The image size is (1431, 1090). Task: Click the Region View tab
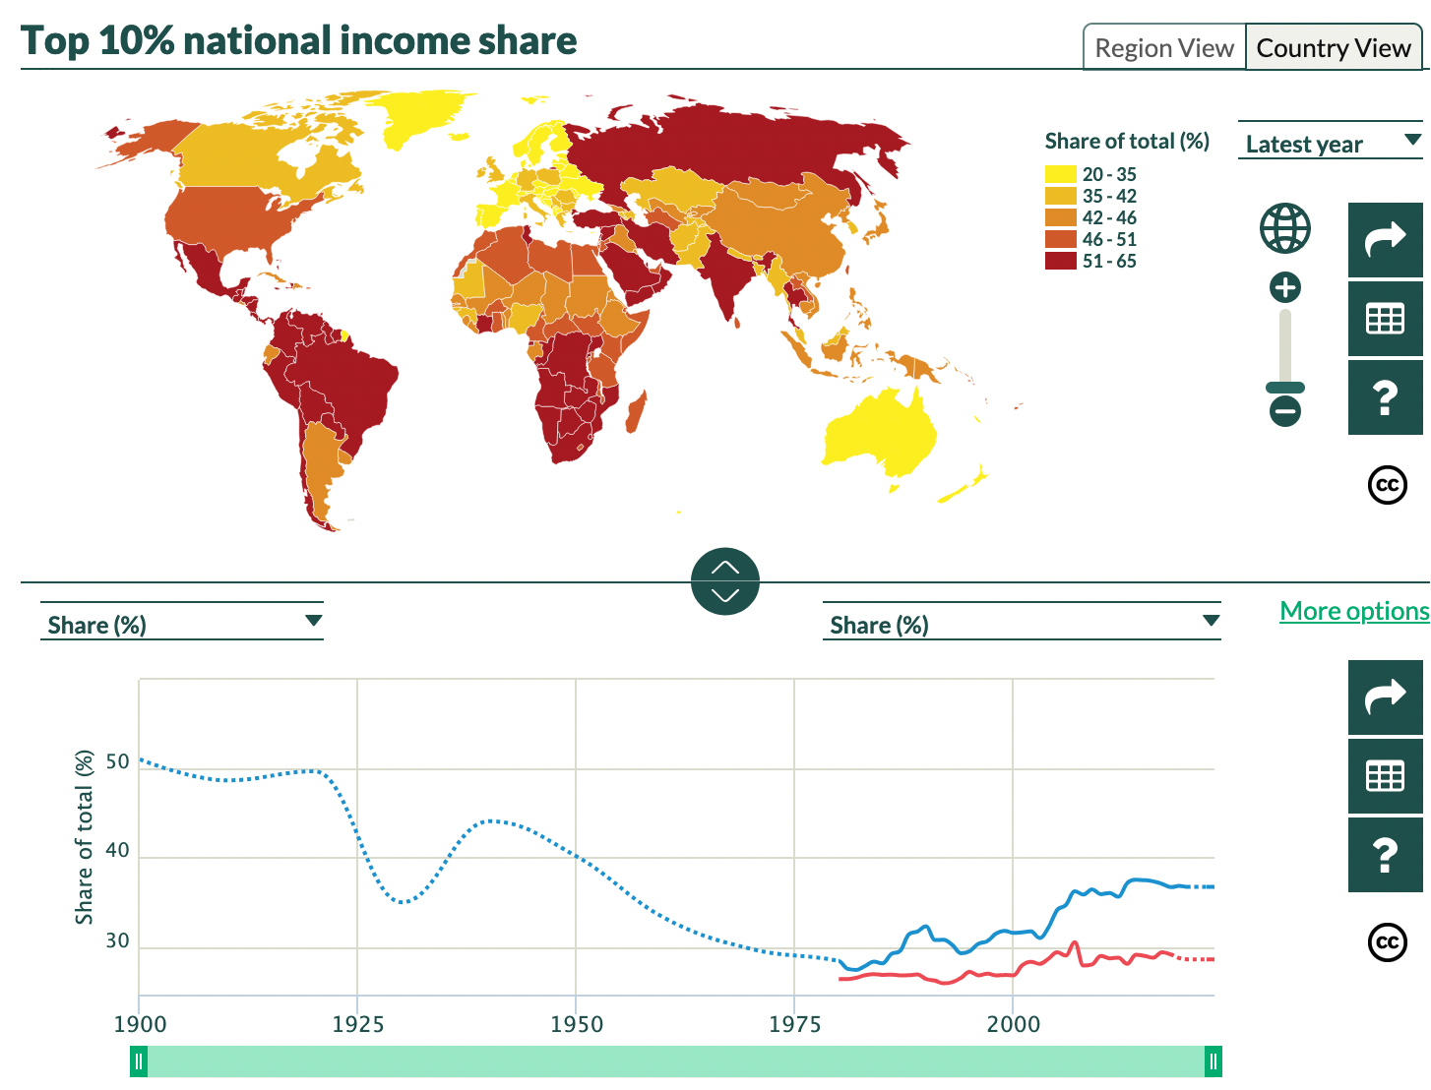click(1164, 48)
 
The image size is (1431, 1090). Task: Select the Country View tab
click(1334, 48)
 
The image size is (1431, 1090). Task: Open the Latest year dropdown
click(1330, 144)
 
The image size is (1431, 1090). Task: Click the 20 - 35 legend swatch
click(1060, 174)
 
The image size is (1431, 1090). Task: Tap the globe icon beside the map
click(1285, 228)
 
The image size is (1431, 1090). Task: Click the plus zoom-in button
click(1285, 287)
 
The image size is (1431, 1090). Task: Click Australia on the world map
click(881, 433)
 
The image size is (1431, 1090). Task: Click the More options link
click(1354, 611)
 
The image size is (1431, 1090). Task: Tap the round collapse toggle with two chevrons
click(725, 581)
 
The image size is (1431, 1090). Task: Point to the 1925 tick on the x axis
click(358, 1024)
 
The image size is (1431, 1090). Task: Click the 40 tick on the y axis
click(117, 850)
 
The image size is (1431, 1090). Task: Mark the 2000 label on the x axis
click(1014, 1024)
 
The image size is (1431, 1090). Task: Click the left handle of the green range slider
click(139, 1061)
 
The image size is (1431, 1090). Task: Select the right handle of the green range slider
click(1213, 1061)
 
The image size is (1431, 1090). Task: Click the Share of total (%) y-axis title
click(85, 837)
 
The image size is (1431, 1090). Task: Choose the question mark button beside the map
click(1385, 397)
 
